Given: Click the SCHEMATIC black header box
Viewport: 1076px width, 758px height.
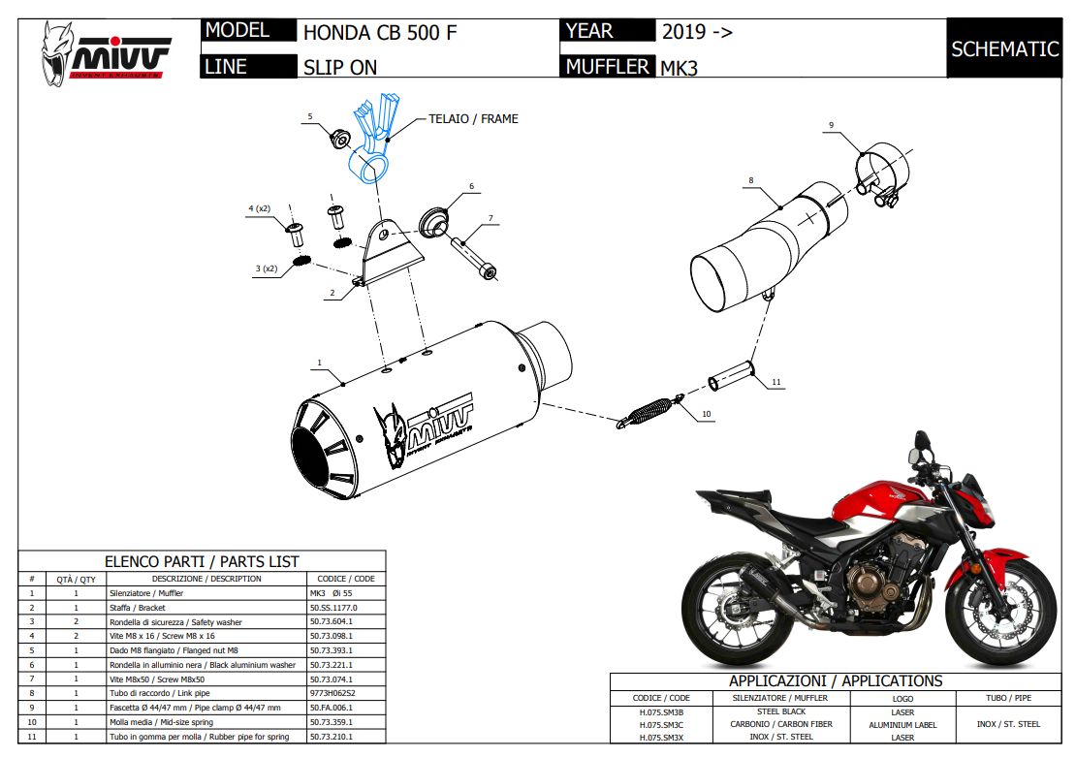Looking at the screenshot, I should point(1004,48).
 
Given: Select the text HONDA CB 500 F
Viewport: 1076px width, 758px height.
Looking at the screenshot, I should point(380,32).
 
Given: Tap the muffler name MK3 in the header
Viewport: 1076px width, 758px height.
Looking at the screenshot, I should point(679,68).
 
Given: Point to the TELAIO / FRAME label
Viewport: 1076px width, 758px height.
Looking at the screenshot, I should point(473,119).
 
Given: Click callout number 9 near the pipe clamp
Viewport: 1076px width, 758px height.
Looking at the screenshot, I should point(831,125).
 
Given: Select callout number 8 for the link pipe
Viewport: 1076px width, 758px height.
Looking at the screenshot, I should point(750,180).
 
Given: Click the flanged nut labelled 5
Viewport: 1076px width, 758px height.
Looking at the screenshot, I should point(340,137).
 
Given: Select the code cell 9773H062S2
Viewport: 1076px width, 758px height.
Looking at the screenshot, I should point(332,694).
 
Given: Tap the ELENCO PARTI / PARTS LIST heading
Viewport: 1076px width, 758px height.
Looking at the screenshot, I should point(202,561).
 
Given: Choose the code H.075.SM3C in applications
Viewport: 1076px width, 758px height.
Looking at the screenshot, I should point(662,724).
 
